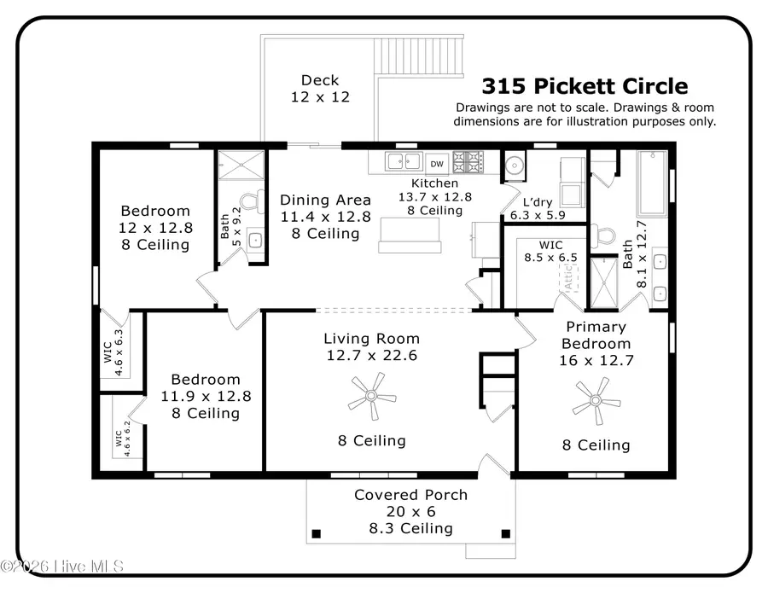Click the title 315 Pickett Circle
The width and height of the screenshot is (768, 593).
pos(585,86)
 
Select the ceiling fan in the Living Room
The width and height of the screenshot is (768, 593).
pos(372,397)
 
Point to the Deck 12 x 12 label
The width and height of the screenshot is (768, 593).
pos(320,89)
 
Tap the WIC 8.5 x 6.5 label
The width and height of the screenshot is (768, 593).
pos(538,250)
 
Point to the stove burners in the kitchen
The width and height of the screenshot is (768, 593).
pos(468,162)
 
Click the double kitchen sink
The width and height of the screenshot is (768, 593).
pos(403,161)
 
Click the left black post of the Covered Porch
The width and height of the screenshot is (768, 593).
pos(317,534)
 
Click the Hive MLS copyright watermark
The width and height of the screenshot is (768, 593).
pos(62,566)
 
